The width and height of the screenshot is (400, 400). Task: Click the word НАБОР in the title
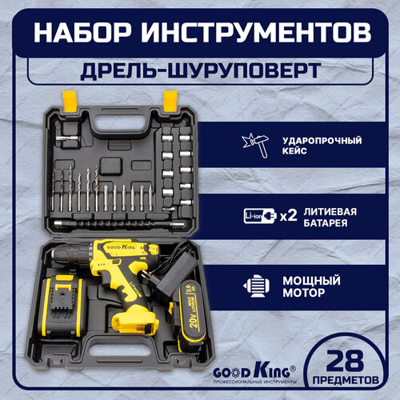click(87, 34)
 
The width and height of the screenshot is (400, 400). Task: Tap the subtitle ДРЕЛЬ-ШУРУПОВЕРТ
click(200, 70)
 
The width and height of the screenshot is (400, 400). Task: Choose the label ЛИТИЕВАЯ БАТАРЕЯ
click(338, 216)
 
